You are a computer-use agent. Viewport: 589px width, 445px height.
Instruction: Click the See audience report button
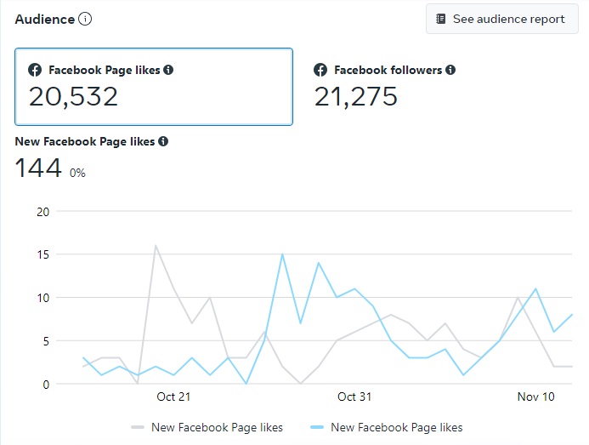(x=501, y=19)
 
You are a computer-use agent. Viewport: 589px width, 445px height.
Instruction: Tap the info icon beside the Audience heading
(x=85, y=19)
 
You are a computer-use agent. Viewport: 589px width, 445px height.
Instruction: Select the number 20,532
(x=73, y=96)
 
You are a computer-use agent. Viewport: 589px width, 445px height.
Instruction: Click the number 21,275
(x=355, y=96)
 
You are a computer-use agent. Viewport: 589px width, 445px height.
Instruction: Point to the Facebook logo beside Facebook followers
(x=320, y=70)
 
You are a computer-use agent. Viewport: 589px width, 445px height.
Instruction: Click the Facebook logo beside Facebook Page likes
(x=35, y=70)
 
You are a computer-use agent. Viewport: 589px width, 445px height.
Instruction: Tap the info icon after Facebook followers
(x=450, y=70)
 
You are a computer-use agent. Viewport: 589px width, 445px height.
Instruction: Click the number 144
(x=38, y=168)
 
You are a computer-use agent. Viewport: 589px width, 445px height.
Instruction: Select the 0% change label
(x=77, y=173)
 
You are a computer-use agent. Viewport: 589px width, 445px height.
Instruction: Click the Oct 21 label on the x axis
(x=173, y=397)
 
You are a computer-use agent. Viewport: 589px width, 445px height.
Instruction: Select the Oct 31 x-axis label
(x=354, y=397)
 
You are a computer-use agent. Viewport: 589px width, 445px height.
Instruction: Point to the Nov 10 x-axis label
(x=535, y=397)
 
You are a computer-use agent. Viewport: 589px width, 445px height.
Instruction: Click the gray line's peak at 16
(x=156, y=246)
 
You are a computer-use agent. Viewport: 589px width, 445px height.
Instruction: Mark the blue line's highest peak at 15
(x=282, y=254)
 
